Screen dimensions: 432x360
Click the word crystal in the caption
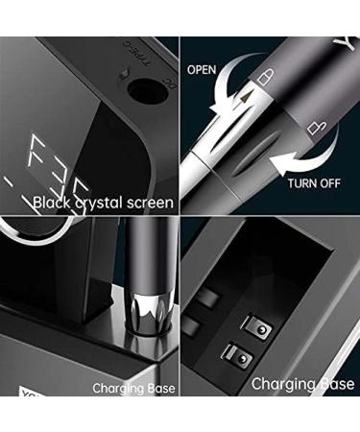pos(101,204)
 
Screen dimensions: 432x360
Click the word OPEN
pos(202,70)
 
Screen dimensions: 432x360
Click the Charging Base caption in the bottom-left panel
pos(133,389)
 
